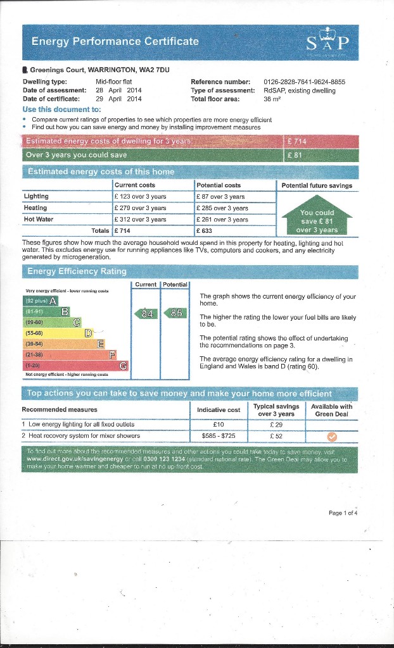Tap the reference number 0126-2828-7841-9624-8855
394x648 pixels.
304,82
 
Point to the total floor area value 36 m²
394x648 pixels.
272,99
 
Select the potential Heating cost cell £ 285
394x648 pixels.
222,208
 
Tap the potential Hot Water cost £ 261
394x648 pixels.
222,220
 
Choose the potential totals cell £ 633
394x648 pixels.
205,231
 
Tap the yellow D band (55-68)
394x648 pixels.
57,333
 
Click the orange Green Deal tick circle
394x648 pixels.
331,436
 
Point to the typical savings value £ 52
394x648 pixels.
276,436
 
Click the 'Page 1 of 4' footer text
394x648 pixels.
343,513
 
